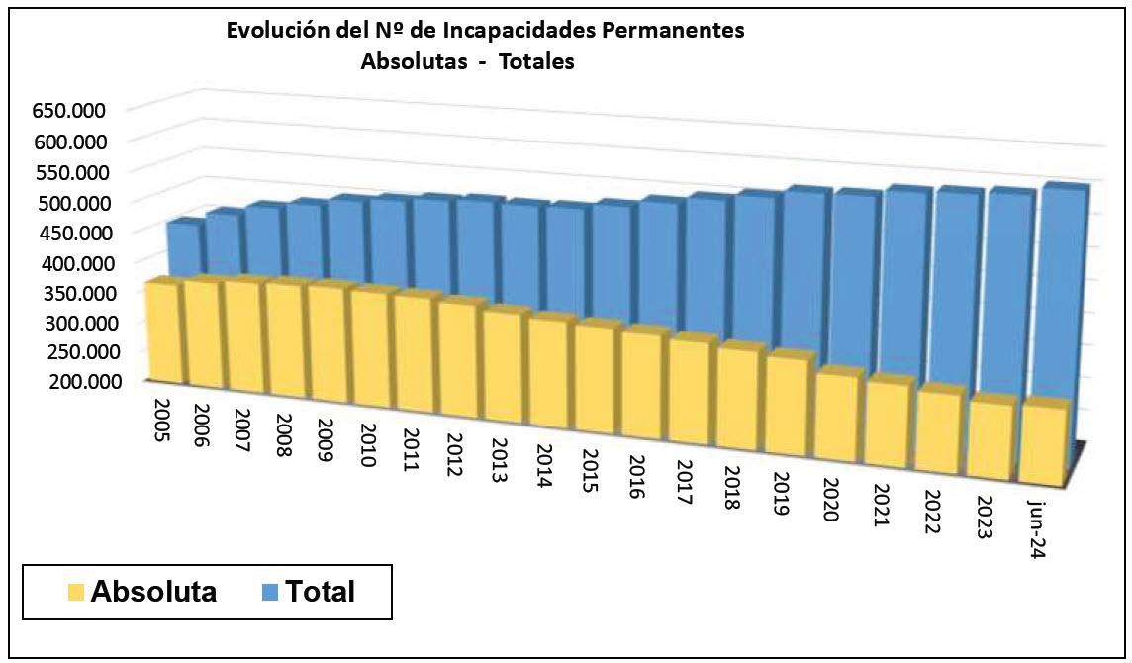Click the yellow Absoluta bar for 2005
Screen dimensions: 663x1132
coord(161,331)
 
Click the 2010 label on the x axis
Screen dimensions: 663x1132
coord(366,449)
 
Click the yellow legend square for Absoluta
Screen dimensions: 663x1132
coord(75,593)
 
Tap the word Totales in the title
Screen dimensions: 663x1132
coord(537,61)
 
